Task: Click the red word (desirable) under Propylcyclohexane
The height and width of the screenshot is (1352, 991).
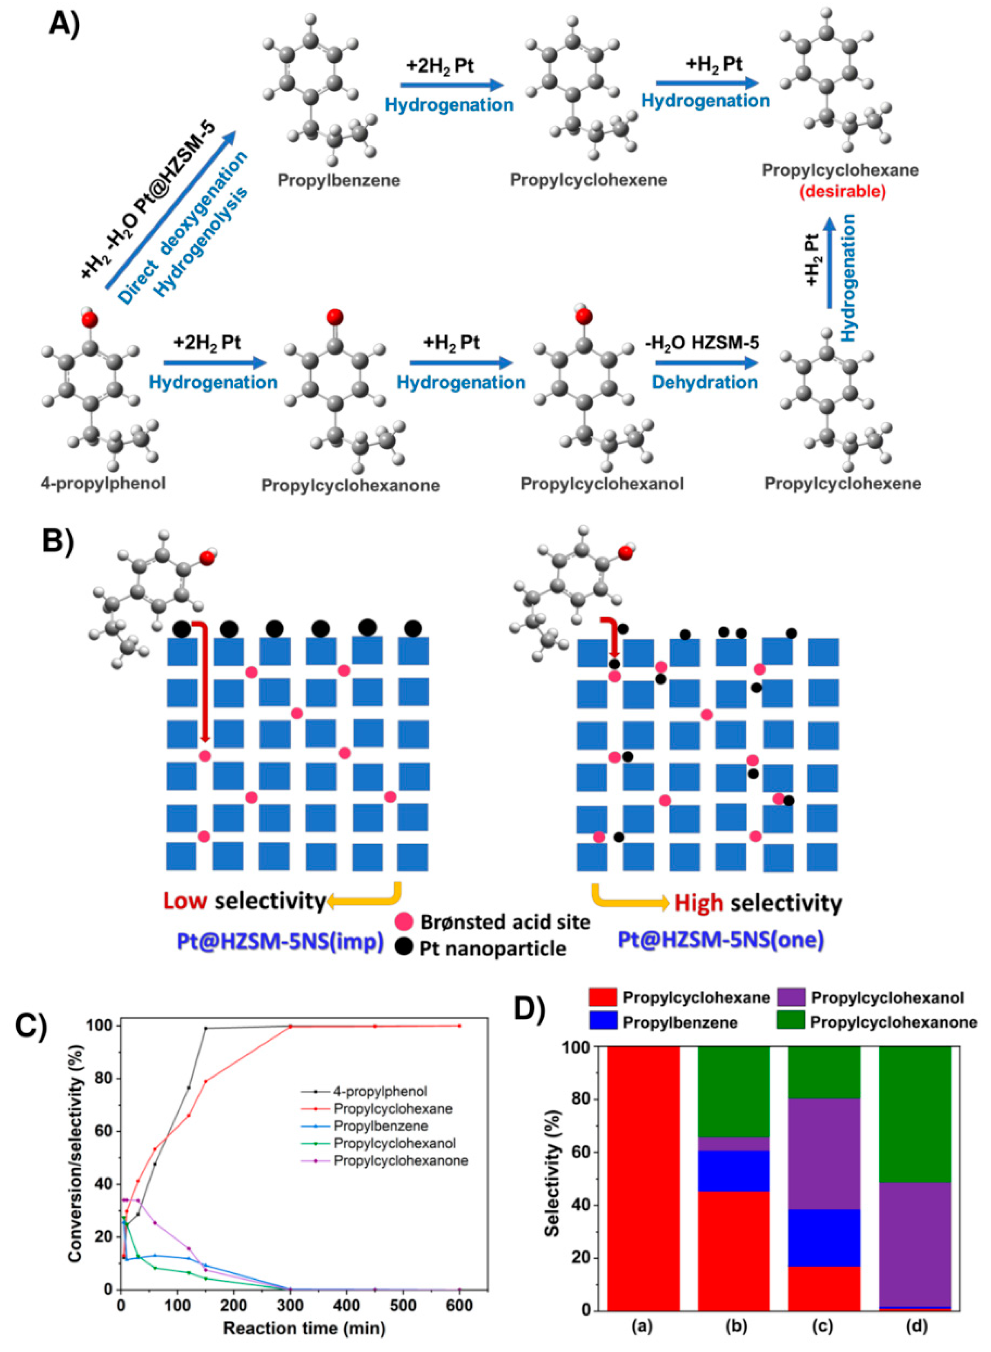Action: tap(840, 192)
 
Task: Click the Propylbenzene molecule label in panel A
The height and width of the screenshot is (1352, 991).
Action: tap(338, 180)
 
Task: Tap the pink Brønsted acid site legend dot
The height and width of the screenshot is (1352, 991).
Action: tap(405, 921)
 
